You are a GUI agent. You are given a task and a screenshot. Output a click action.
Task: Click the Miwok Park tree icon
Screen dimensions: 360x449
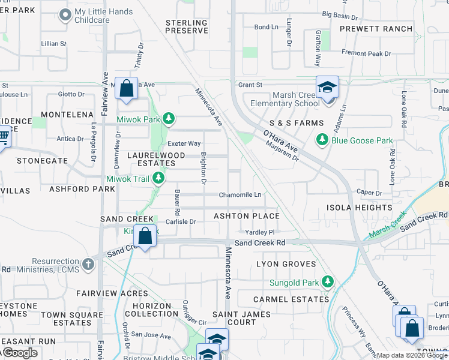[169, 118]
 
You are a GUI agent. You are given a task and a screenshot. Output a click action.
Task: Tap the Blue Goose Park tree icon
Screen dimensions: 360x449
[322, 140]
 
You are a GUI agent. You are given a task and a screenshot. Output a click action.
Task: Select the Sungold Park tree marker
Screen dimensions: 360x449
[327, 281]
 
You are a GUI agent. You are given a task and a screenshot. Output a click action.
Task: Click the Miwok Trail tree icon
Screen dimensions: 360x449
[158, 178]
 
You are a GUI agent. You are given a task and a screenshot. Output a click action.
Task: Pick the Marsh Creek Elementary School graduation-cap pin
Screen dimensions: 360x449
[327, 88]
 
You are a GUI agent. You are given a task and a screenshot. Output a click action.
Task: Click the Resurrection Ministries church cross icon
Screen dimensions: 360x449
[88, 264]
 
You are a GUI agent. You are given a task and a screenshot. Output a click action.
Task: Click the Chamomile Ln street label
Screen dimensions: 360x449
[240, 195]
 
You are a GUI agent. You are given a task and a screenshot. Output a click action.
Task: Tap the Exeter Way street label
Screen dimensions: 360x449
[184, 143]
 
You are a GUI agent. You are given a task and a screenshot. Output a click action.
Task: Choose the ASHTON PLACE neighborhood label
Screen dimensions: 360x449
[247, 216]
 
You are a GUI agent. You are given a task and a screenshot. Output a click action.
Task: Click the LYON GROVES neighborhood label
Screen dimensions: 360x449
[286, 264]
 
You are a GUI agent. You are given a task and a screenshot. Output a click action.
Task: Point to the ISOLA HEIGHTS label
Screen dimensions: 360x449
[359, 208]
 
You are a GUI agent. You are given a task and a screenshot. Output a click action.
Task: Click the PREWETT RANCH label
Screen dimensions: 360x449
[376, 29]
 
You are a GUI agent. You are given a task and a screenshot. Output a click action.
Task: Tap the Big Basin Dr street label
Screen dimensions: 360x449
[340, 14]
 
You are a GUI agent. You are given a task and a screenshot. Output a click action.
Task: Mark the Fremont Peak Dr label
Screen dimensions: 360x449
[366, 53]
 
